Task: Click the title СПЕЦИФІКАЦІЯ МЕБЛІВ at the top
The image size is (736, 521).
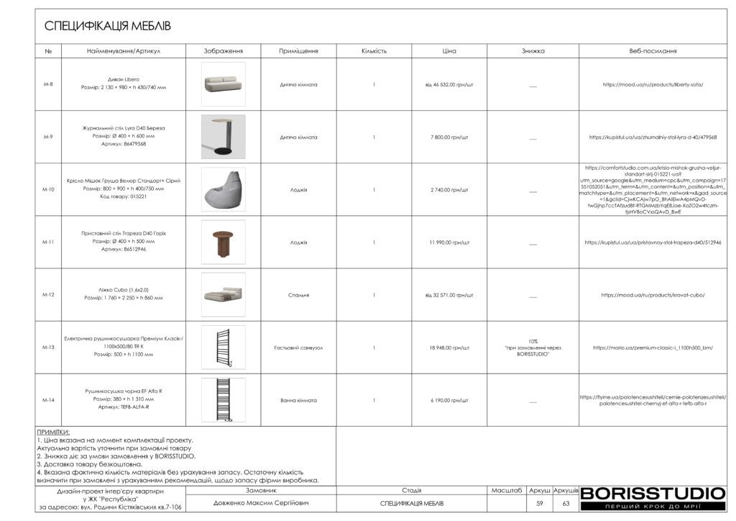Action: click(x=108, y=27)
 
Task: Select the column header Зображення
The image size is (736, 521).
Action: click(x=223, y=51)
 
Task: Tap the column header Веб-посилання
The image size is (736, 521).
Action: click(x=653, y=51)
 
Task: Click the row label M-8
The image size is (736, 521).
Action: click(x=48, y=84)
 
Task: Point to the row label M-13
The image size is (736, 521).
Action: click(x=48, y=348)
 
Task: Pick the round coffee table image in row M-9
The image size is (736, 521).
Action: click(x=223, y=137)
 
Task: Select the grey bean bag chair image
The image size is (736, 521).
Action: click(x=223, y=189)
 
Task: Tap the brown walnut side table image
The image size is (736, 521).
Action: click(x=223, y=243)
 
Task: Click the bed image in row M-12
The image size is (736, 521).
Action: click(x=223, y=295)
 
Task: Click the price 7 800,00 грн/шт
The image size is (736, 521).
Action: click(x=449, y=137)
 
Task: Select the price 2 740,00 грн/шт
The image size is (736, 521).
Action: click(x=449, y=190)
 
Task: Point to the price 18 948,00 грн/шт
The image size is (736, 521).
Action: click(x=449, y=348)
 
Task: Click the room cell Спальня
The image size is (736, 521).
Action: click(x=298, y=295)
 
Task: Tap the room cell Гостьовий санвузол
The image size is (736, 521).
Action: click(x=298, y=348)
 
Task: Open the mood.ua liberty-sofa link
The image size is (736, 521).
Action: click(x=653, y=84)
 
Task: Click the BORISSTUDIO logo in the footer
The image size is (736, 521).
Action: click(x=653, y=496)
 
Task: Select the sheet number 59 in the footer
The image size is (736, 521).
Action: click(x=540, y=503)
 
